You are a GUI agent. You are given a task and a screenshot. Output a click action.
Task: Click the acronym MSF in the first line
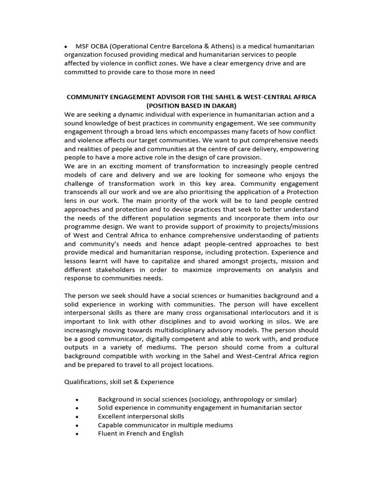83,46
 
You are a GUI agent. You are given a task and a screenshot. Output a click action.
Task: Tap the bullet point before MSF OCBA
66,46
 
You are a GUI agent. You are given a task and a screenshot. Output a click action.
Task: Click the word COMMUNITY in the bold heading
88,97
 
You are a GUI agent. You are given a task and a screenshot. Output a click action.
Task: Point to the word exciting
110,166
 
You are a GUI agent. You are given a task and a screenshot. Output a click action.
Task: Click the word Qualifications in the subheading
84,382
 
